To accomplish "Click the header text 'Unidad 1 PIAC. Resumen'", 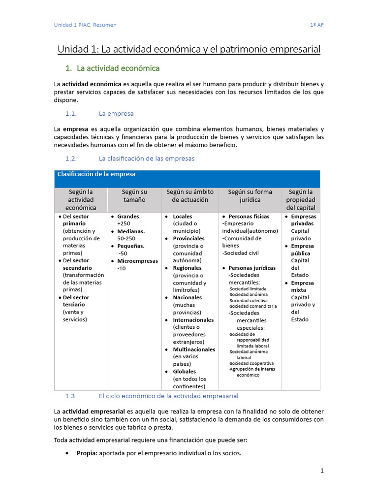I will tap(85, 25).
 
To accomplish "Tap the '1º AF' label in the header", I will tap(316, 25).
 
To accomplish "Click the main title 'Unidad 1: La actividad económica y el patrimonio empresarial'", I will tap(189, 49).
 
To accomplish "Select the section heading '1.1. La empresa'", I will tap(99, 113).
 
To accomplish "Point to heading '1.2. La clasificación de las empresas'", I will tap(130, 158).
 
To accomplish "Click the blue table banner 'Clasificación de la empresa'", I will tap(96, 174).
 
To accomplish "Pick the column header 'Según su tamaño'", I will tap(134, 195).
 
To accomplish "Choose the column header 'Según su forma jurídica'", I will tap(250, 195).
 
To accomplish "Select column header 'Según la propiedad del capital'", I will tap(300, 199).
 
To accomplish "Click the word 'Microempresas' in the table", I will tap(137, 261).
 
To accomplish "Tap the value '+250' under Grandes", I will tap(124, 223).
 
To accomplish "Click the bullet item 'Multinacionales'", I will tap(194, 349).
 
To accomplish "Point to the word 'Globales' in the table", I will tap(184, 372).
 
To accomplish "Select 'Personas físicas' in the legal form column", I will tap(249, 217).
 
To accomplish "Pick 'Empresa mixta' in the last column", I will tap(302, 286).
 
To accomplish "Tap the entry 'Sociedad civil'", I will tap(240, 253).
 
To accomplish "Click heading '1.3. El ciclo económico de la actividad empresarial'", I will tap(152, 396).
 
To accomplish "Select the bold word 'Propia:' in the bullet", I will tap(87, 453).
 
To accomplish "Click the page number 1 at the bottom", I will tap(322, 471).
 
